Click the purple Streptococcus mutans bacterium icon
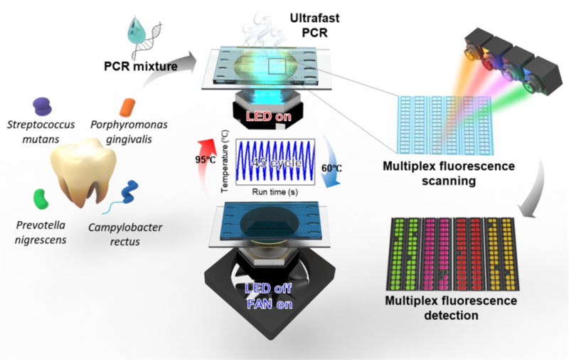pyautogui.click(x=43, y=106)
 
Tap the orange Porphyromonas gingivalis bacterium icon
pyautogui.click(x=127, y=107)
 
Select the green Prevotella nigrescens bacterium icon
pyautogui.click(x=41, y=199)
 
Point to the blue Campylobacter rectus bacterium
pyautogui.click(x=129, y=191)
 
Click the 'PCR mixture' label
pyautogui.click(x=141, y=66)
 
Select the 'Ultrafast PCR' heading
pyautogui.click(x=314, y=25)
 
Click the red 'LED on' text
pyautogui.click(x=269, y=116)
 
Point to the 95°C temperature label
pyautogui.click(x=206, y=159)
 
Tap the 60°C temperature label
pyautogui.click(x=331, y=169)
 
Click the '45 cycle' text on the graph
pyautogui.click(x=277, y=163)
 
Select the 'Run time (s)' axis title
pyautogui.click(x=275, y=191)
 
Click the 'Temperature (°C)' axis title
pyautogui.click(x=225, y=161)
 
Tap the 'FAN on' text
pyautogui.click(x=270, y=304)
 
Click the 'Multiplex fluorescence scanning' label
pyautogui.click(x=449, y=174)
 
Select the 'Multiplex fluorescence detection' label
pyautogui.click(x=451, y=308)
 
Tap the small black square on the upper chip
pyautogui.click(x=277, y=67)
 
